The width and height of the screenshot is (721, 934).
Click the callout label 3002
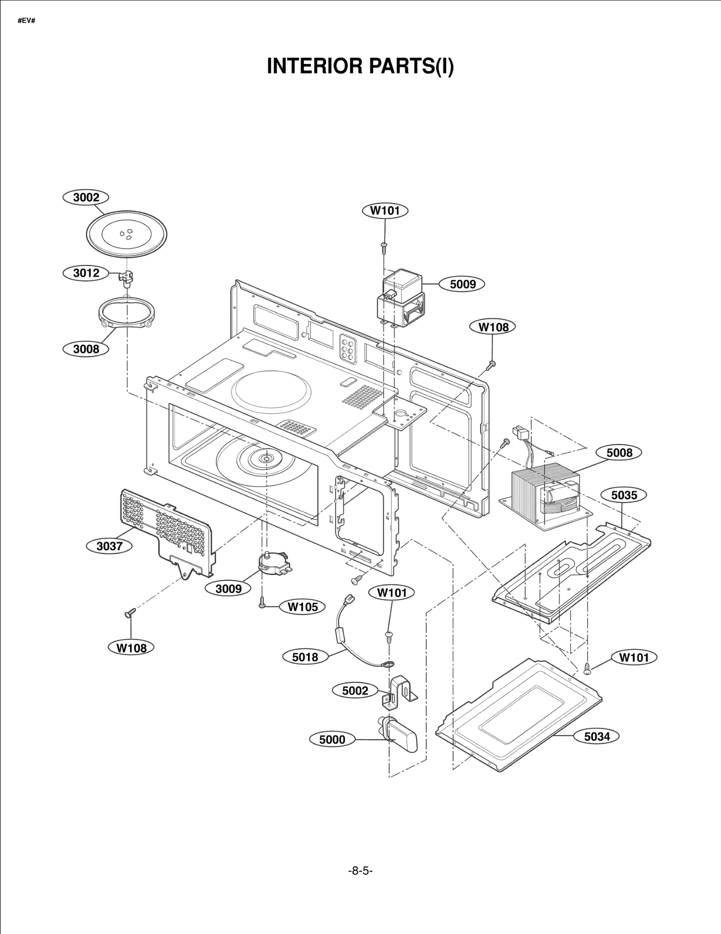(x=86, y=197)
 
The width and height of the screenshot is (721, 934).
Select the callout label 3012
(x=86, y=273)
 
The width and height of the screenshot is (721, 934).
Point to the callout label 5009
(x=463, y=284)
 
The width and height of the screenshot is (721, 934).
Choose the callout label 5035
(x=624, y=495)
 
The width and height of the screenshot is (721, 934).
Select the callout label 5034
(x=597, y=736)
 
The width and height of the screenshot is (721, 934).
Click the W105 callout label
(x=303, y=607)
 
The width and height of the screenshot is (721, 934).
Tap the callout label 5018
(x=305, y=657)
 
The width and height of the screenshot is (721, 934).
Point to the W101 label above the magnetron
(x=385, y=210)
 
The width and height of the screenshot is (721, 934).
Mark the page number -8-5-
(x=360, y=871)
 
